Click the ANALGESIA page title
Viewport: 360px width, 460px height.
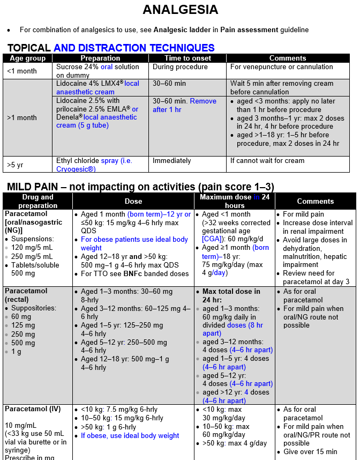(x=180, y=10)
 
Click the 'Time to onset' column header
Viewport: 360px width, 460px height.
(x=187, y=58)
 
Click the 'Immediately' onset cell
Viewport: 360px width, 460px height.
(x=171, y=161)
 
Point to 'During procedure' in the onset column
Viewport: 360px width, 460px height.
(x=180, y=67)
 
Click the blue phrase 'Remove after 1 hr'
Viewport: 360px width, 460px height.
(x=184, y=105)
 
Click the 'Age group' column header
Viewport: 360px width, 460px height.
(x=28, y=58)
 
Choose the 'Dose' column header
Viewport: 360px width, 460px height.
(x=133, y=201)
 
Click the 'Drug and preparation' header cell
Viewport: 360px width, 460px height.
(x=37, y=201)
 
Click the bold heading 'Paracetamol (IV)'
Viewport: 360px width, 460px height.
(x=33, y=409)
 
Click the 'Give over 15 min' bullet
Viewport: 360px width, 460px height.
(x=310, y=452)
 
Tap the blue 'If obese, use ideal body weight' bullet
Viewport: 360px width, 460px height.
(x=130, y=436)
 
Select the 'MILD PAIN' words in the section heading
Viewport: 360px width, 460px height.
(x=35, y=187)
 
